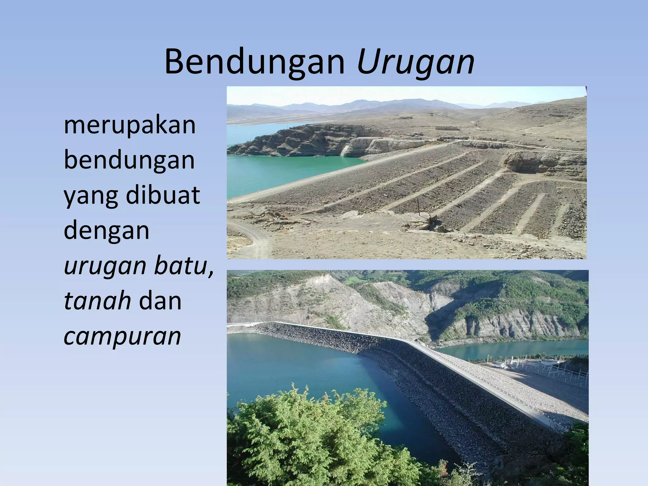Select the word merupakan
click(130, 125)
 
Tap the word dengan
click(106, 230)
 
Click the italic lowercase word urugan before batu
click(105, 266)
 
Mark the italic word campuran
click(122, 336)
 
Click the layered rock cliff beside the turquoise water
click(301, 139)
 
